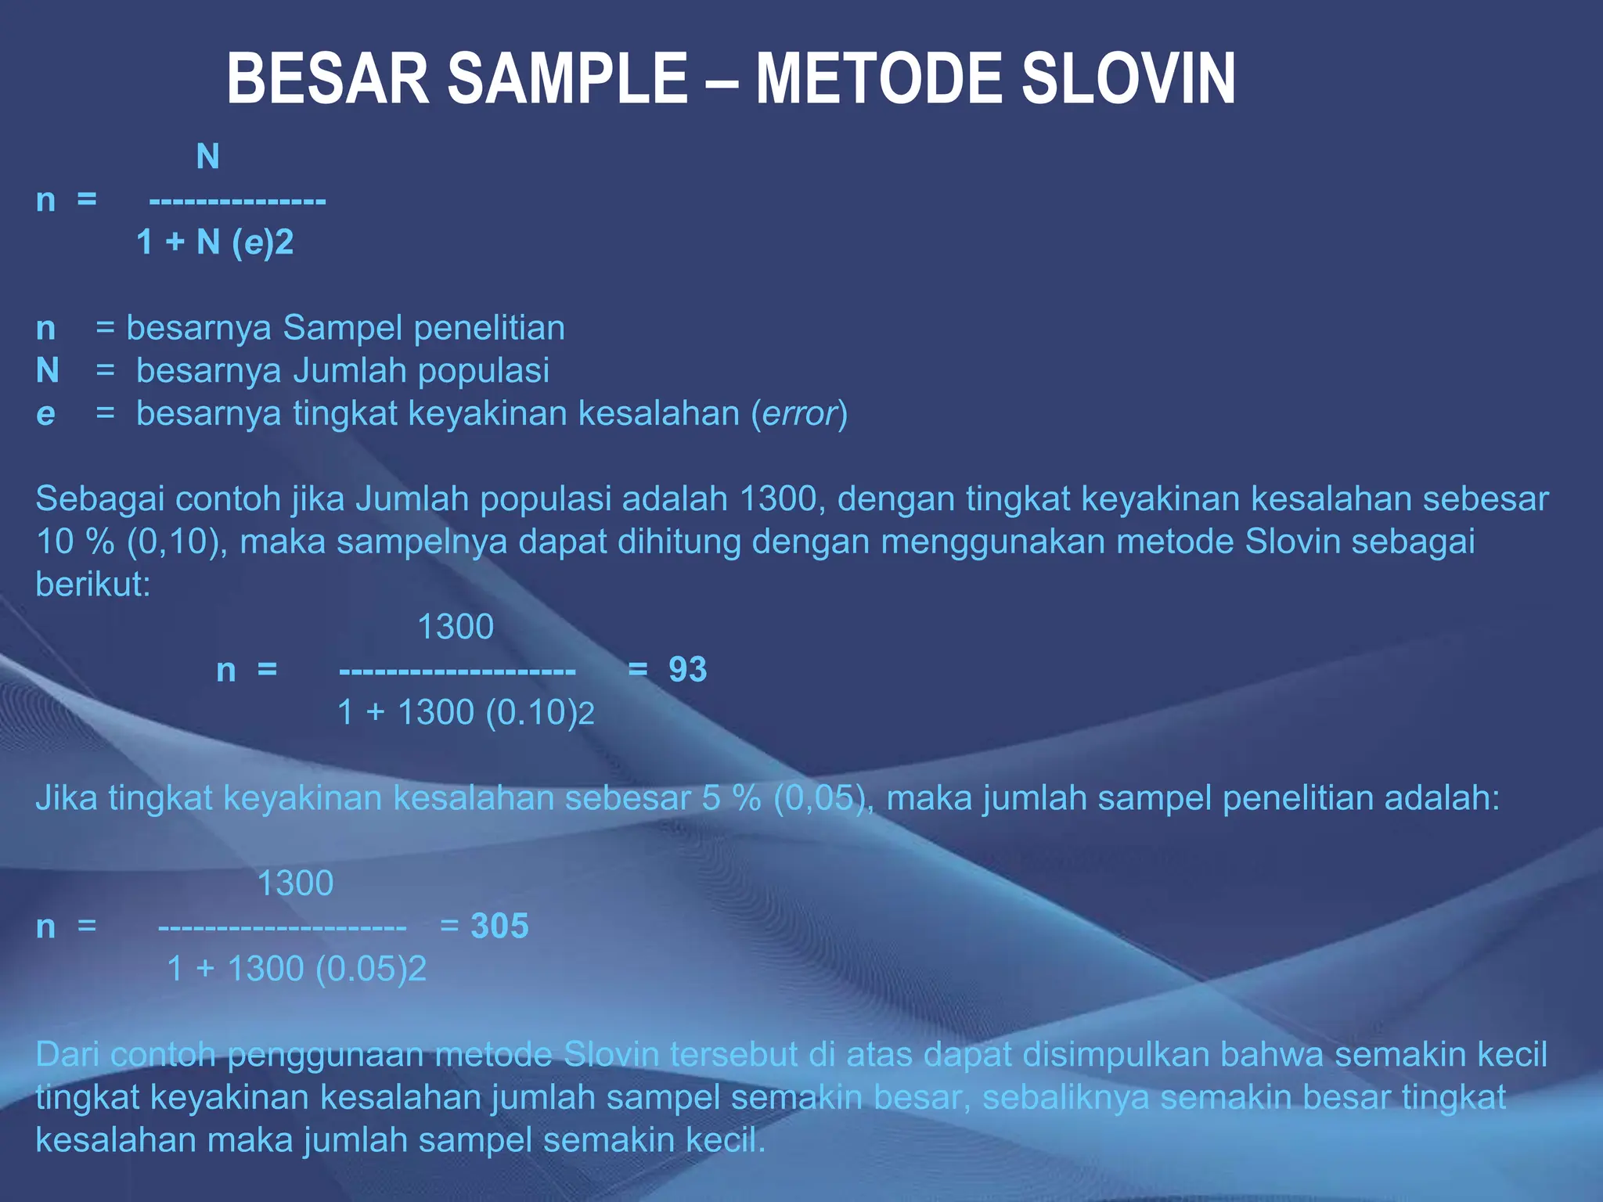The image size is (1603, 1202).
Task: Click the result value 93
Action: (x=687, y=670)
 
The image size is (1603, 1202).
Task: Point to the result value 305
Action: (x=499, y=927)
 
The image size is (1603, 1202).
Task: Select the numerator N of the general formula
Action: (x=207, y=157)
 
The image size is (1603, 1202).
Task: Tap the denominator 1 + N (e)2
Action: (x=215, y=243)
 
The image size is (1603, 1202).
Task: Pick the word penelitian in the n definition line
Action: (x=489, y=328)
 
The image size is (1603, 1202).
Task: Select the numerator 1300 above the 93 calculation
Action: (x=456, y=628)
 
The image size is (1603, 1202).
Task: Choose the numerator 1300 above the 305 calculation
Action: (x=295, y=884)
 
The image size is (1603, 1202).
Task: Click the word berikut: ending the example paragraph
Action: (x=93, y=585)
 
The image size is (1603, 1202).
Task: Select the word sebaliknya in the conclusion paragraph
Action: (x=1065, y=1097)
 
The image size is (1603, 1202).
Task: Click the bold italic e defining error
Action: (x=45, y=414)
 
